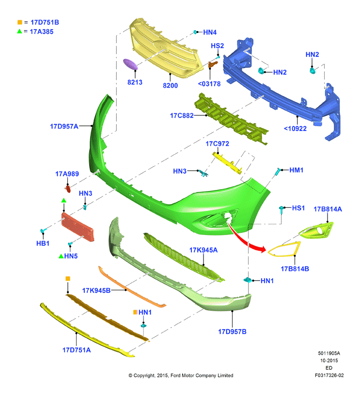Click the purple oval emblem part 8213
coord(130,64)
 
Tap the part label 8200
coord(171,85)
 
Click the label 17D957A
coord(64,126)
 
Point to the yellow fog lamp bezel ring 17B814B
coord(284,250)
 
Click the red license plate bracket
coord(78,227)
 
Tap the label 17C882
coord(182,115)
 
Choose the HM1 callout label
coord(296,170)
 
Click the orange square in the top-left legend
coord(20,22)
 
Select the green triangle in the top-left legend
coord(19,31)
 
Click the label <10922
coord(295,128)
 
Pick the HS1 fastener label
coord(298,208)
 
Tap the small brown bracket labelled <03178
coord(212,64)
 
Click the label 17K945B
coord(96,290)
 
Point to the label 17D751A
coord(77,350)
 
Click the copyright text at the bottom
coord(181,376)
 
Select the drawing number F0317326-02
coord(329,376)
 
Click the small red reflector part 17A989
coord(68,189)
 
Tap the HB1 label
coord(43,243)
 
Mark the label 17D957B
coord(232,332)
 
